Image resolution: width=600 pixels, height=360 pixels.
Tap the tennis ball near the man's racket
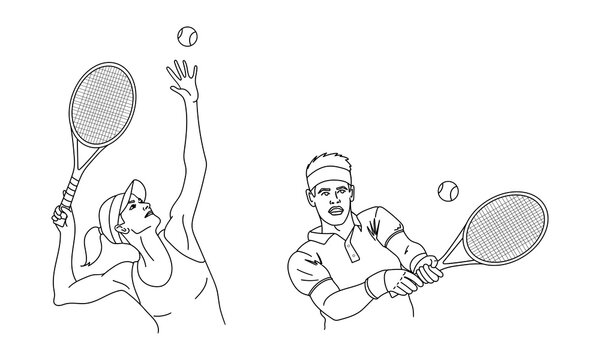pyautogui.click(x=446, y=189)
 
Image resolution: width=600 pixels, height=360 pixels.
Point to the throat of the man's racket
pyautogui.click(x=456, y=249)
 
